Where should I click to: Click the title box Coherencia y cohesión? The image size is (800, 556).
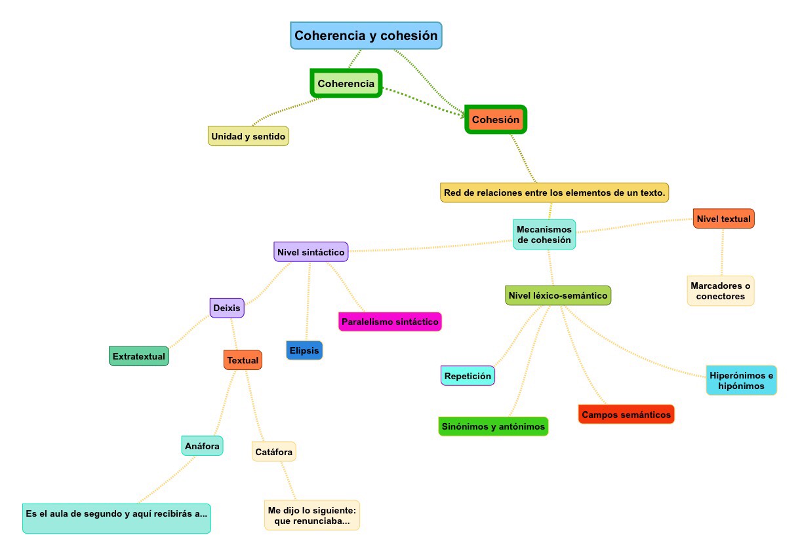pos(366,36)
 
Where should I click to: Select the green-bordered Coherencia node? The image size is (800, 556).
pos(346,84)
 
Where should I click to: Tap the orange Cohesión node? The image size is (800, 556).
pos(496,120)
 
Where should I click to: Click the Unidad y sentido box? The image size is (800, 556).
pos(249,136)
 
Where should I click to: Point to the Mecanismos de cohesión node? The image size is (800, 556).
pos(544,234)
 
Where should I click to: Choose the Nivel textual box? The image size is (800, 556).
pos(724,219)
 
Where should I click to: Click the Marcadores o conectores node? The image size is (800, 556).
pos(721,291)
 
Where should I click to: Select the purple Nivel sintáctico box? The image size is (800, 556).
pos(311,251)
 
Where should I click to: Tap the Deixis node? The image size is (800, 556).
pos(228,307)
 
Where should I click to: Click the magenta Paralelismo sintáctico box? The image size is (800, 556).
pos(390,322)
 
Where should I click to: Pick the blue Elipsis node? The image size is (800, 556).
pos(304,350)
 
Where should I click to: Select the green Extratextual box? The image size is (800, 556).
pos(139,356)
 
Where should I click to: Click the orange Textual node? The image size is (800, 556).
pos(243,360)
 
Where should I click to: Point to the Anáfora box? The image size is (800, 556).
pos(202,446)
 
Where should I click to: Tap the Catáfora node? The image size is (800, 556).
pos(274,451)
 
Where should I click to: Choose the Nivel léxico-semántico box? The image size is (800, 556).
pos(558,295)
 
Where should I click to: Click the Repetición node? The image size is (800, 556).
pos(468,376)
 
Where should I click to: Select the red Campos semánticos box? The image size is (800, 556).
pos(626,415)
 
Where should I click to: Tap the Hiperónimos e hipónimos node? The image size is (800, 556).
pos(741,380)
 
